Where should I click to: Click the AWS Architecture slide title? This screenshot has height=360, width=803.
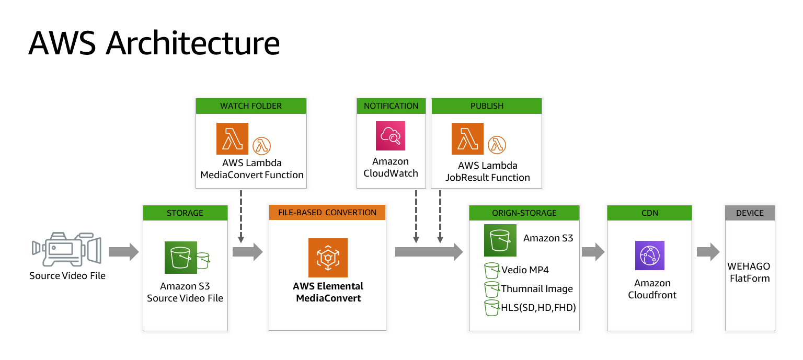click(154, 43)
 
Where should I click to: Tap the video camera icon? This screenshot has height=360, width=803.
click(66, 250)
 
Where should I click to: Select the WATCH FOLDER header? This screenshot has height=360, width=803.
click(251, 106)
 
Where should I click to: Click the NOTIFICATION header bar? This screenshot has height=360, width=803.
click(391, 106)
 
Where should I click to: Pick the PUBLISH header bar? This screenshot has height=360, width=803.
click(487, 106)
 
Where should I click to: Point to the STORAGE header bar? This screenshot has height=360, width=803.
click(185, 213)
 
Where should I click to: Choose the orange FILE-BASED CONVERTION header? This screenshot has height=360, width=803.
click(327, 213)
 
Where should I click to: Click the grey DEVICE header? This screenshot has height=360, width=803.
click(750, 213)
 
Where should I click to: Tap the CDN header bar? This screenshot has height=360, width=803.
click(649, 213)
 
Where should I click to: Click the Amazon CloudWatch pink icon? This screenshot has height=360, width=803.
click(391, 136)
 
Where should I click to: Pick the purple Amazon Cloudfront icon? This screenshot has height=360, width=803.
click(649, 256)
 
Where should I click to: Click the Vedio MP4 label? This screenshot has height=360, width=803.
click(525, 270)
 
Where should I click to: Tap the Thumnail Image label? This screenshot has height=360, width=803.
click(537, 289)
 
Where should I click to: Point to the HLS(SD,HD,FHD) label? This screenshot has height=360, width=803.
click(538, 308)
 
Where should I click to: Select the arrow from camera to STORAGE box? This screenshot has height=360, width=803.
click(123, 252)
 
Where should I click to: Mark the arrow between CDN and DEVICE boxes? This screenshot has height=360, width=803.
click(708, 252)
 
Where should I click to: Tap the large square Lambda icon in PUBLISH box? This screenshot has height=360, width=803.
click(467, 138)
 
